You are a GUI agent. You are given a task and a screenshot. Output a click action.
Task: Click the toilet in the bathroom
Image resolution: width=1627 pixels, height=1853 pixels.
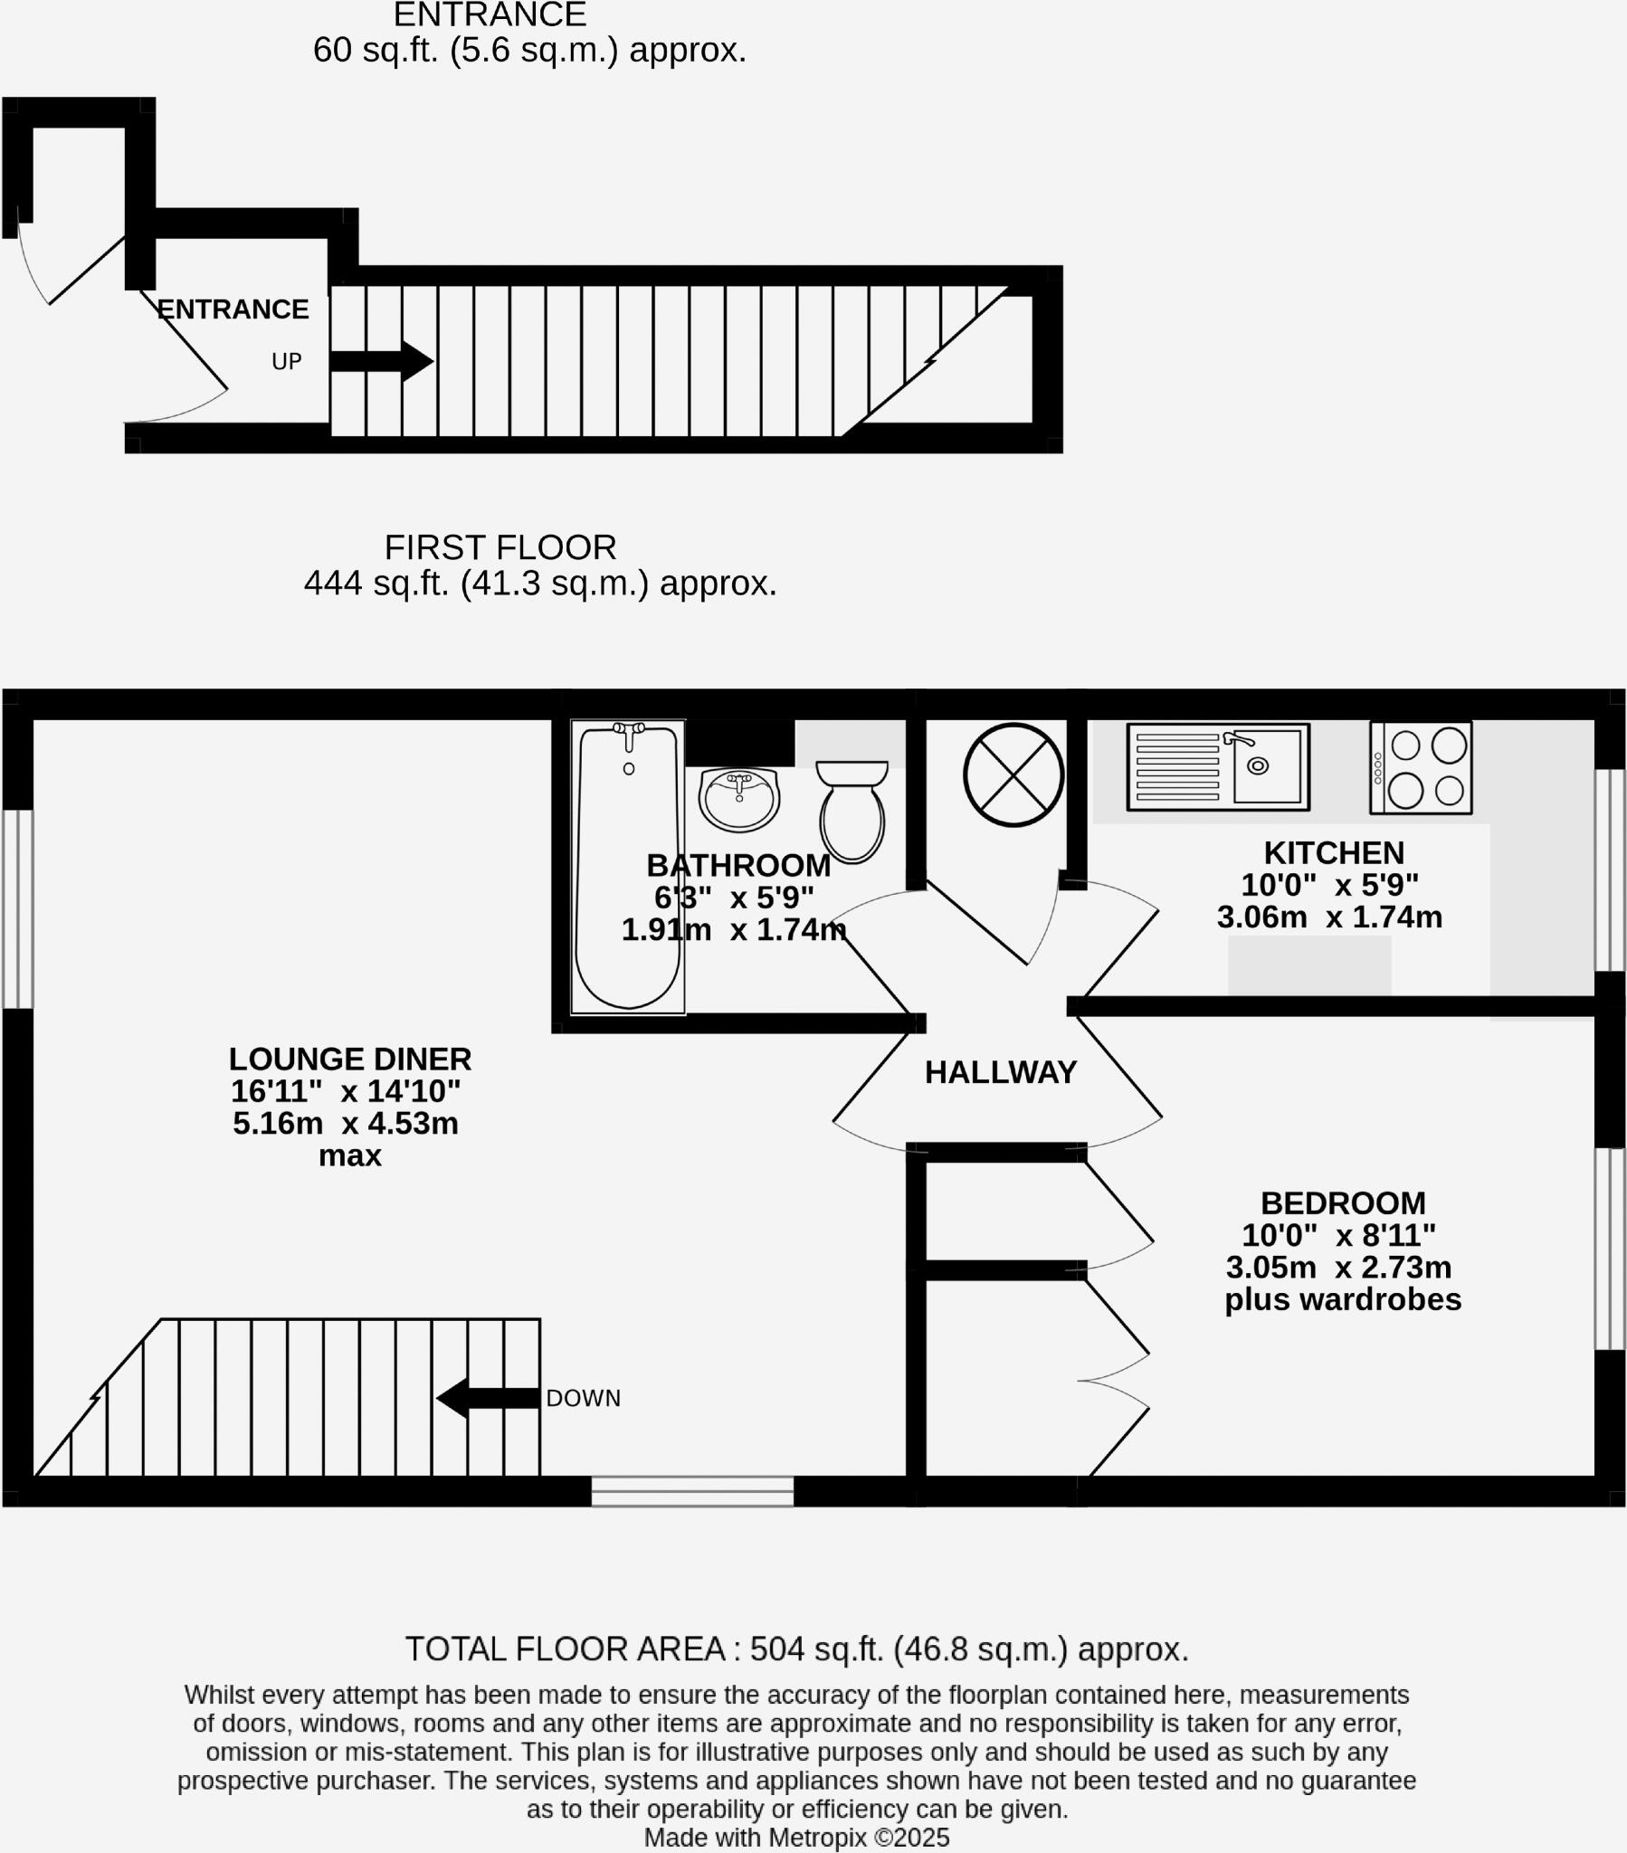pos(852,812)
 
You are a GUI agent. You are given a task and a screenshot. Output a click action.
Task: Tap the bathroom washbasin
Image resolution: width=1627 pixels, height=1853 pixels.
pos(739,799)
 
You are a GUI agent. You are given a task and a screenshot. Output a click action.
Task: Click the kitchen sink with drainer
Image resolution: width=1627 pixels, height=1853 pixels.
pos(1218,766)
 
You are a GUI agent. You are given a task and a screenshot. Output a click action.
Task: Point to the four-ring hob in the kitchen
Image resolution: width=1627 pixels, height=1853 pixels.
pos(1420,767)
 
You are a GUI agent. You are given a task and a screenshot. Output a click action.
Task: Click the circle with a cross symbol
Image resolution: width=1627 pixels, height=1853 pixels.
pos(1013,774)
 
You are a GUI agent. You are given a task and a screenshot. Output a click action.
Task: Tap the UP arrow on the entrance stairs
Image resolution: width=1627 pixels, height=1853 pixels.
pos(381,361)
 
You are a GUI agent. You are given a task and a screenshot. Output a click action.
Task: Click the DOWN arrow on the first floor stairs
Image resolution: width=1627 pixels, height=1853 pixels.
pos(488,1397)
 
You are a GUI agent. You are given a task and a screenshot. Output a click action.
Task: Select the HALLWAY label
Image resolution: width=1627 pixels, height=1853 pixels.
pos(1000,1072)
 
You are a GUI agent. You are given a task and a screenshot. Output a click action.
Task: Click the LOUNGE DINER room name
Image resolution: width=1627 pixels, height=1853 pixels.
pos(350,1059)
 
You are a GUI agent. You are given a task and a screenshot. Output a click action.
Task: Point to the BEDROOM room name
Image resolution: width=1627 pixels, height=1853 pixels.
pos(1343,1203)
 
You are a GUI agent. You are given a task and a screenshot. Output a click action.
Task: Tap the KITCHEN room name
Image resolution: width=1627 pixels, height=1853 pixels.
pos(1333,853)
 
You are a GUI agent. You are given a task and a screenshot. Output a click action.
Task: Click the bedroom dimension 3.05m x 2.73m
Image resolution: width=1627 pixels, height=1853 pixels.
pos(1338,1267)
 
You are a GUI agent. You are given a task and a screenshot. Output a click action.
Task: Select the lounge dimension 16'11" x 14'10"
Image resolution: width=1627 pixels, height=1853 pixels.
pos(346,1090)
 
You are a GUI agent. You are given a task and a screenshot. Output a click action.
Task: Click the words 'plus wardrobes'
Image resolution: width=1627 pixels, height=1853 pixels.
pos(1342,1299)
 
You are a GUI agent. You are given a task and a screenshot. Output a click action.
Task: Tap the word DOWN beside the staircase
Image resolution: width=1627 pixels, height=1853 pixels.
pos(583,1398)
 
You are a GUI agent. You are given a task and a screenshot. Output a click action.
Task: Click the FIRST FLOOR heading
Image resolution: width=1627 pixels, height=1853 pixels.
pos(500,547)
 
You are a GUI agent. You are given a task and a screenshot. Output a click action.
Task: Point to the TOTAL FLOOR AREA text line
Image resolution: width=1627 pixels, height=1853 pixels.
pos(796,1649)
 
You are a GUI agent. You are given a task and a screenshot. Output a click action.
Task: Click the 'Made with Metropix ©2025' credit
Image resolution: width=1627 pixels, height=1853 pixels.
pos(796,1838)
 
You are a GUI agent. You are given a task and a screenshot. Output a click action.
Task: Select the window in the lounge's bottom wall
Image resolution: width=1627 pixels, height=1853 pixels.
pos(692,1491)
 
